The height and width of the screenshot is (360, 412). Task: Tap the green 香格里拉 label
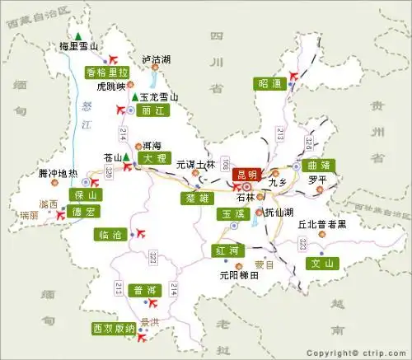click(x=107, y=72)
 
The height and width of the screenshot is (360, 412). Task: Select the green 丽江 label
click(x=149, y=110)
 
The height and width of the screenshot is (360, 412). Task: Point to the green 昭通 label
click(x=269, y=83)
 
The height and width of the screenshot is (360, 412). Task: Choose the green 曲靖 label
click(x=317, y=165)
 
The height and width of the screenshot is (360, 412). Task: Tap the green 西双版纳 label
click(x=114, y=329)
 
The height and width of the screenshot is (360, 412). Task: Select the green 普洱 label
click(x=145, y=290)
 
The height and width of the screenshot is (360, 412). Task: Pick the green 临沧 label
click(x=110, y=235)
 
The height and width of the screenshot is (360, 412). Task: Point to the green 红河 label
click(x=226, y=249)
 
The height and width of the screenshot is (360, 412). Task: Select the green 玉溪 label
click(x=232, y=213)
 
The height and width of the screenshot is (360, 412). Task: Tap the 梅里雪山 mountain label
click(x=79, y=47)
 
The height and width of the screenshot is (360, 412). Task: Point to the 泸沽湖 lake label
click(x=156, y=59)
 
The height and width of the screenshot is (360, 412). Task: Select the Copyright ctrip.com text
click(x=358, y=351)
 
